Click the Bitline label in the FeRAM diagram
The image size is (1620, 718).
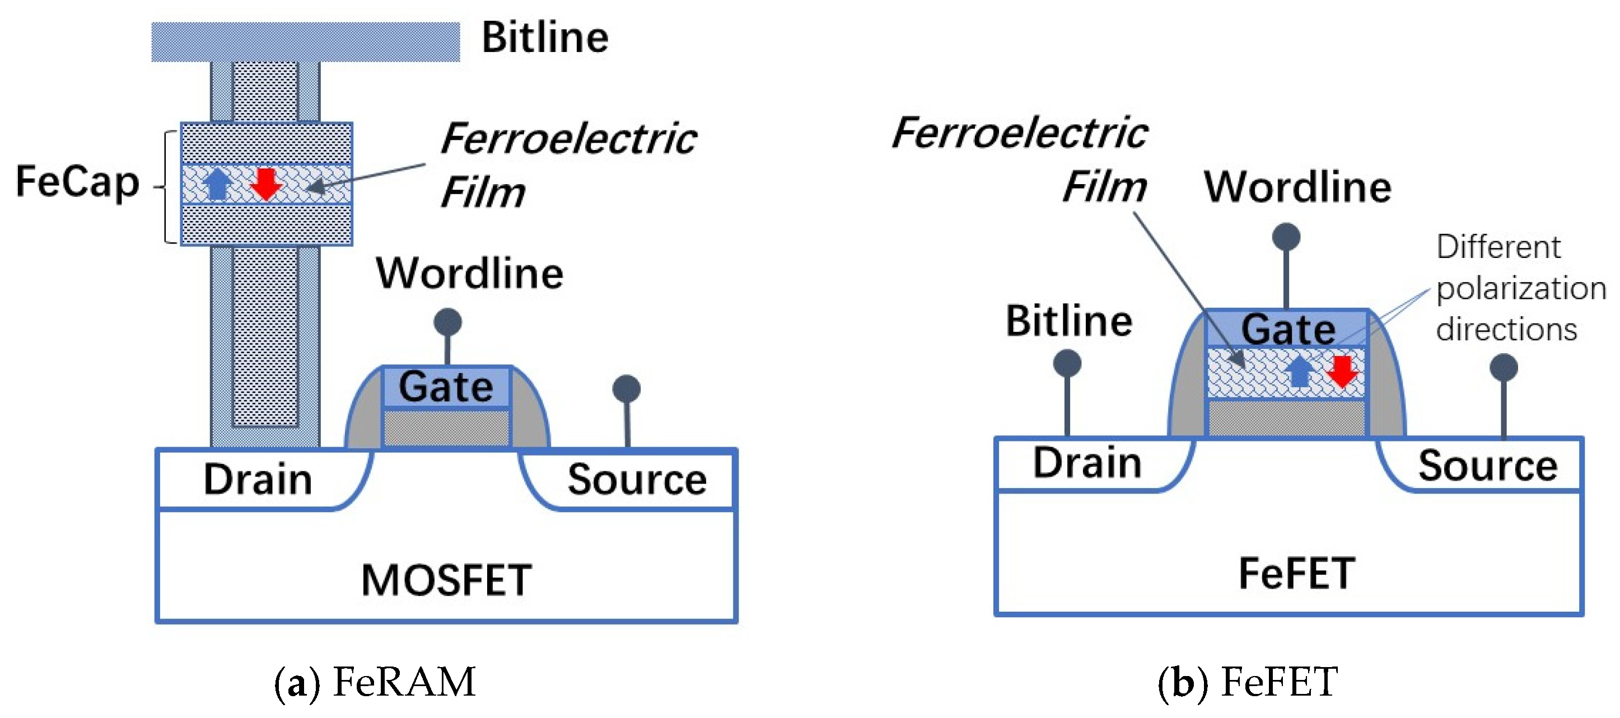545,37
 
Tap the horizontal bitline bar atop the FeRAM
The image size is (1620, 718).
306,42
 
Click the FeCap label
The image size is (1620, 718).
77,182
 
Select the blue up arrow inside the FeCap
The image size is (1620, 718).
218,184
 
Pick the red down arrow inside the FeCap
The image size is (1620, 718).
266,184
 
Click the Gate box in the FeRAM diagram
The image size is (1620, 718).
446,387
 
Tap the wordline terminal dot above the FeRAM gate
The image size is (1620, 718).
448,322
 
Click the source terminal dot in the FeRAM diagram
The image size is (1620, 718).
627,389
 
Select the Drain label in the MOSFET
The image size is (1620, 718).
258,480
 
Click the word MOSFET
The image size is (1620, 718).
446,580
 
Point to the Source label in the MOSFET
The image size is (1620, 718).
637,480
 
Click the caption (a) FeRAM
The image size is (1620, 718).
375,682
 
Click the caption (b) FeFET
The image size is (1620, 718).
1248,682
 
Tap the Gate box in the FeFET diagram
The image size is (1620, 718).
1287,330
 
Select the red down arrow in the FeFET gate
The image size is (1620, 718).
1343,371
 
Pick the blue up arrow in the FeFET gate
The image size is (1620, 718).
1299,371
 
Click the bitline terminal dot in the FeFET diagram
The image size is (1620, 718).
1067,363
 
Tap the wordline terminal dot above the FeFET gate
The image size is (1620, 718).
1286,237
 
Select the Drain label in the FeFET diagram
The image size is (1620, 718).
1087,463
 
